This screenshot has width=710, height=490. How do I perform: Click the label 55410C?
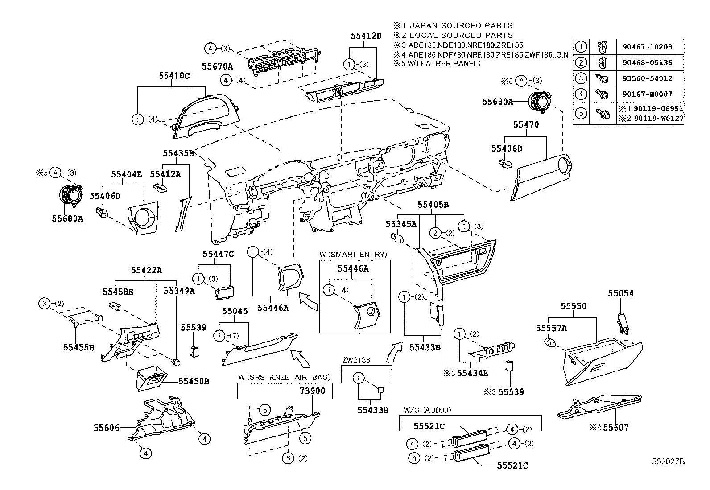click(x=174, y=76)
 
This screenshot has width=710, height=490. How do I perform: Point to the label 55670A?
click(x=217, y=66)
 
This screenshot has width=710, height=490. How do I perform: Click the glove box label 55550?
click(x=574, y=306)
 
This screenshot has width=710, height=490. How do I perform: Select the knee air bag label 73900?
click(x=312, y=391)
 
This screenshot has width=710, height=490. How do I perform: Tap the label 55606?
click(x=106, y=428)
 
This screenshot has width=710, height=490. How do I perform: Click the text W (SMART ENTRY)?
click(x=353, y=255)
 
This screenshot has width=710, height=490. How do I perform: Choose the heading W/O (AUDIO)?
click(x=427, y=410)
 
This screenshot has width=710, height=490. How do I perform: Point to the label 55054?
click(x=621, y=293)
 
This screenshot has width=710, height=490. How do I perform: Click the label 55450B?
click(x=194, y=381)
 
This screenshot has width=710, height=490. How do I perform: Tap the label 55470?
click(x=526, y=125)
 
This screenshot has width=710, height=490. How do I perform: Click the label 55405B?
click(x=433, y=205)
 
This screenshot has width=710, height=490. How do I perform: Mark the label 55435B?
click(x=178, y=153)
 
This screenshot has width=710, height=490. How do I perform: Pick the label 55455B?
click(x=78, y=347)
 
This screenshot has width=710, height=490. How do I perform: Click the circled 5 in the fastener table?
click(x=581, y=113)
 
